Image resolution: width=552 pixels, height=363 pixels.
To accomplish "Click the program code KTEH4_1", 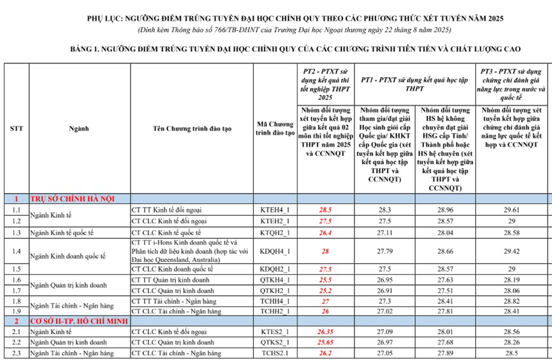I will point(275,210).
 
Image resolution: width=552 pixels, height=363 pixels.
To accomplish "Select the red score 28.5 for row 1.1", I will point(325,210).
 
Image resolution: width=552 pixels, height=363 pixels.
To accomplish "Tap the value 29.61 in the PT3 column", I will point(512,210).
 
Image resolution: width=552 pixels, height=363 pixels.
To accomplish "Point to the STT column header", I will point(17,129).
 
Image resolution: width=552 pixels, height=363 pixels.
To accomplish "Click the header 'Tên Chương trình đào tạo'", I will point(192,129).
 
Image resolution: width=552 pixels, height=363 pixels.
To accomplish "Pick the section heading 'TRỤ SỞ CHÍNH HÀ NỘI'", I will point(72,199).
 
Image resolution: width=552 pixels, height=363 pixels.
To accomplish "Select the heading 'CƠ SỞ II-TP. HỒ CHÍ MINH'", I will point(79,321).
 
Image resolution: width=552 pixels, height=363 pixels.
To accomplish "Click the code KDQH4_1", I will point(275,252).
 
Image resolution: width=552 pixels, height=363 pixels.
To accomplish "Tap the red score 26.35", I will point(325,332).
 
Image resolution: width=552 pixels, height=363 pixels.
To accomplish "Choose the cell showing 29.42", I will point(512,252).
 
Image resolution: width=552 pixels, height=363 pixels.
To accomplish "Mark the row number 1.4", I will point(17,252).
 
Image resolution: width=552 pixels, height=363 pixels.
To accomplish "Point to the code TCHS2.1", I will point(275,353).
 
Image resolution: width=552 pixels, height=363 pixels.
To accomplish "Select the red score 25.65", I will point(325,343).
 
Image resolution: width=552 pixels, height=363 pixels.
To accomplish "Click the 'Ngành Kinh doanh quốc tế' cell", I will point(67,257).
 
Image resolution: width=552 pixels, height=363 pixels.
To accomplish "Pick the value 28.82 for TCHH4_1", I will point(512,301).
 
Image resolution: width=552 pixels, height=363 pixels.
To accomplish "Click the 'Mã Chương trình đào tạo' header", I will point(275,129).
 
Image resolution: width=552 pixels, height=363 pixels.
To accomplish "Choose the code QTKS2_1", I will point(275,343).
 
